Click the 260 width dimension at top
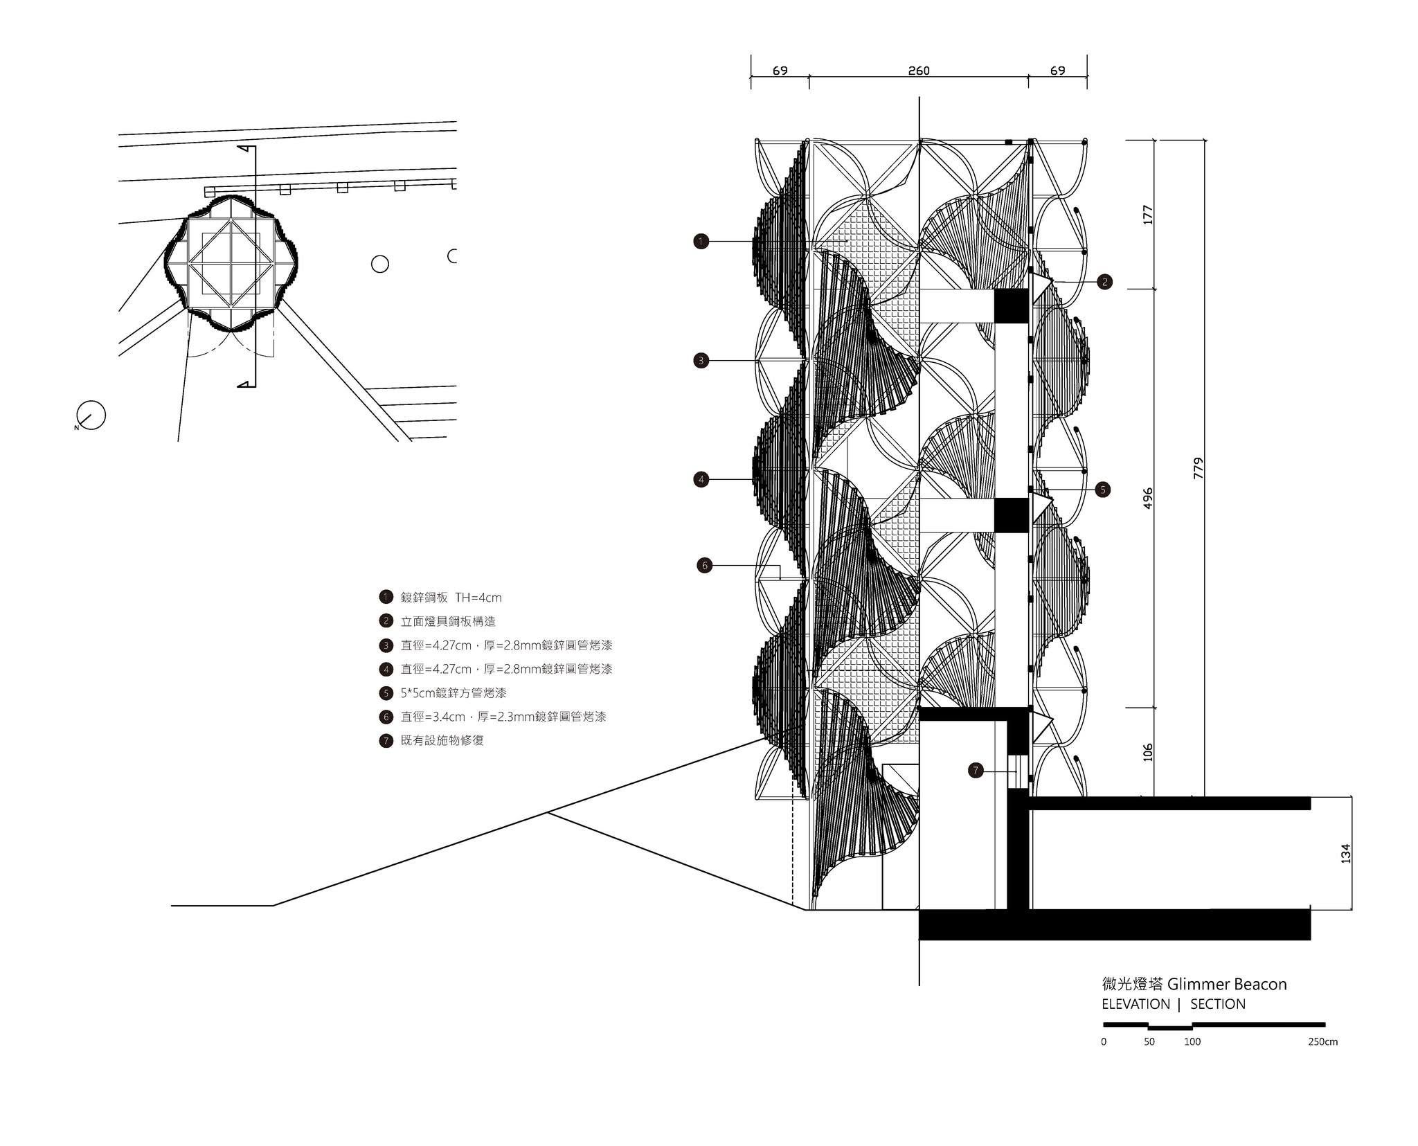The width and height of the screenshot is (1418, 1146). (x=918, y=71)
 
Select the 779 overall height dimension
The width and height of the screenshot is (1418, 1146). (x=1199, y=467)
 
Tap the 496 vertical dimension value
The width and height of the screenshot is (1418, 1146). (x=1147, y=499)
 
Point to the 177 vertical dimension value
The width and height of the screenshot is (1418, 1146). (x=1147, y=214)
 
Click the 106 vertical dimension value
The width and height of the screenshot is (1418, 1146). (x=1147, y=752)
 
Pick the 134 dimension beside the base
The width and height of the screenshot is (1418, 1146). (x=1345, y=852)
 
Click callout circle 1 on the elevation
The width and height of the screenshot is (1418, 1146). (x=701, y=242)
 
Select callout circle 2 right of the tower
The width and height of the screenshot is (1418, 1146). (x=1104, y=282)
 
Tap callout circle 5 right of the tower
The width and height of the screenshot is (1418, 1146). (x=1103, y=490)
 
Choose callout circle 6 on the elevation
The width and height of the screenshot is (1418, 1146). (x=705, y=566)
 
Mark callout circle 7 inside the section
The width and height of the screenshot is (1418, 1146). (x=976, y=770)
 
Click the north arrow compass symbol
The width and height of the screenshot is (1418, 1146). (x=91, y=415)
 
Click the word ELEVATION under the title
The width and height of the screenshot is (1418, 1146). (x=1136, y=1004)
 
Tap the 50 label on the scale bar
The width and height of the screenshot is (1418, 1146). (x=1149, y=1041)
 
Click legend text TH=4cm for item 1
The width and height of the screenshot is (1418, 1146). (x=478, y=598)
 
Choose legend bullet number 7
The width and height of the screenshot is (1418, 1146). (x=386, y=740)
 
